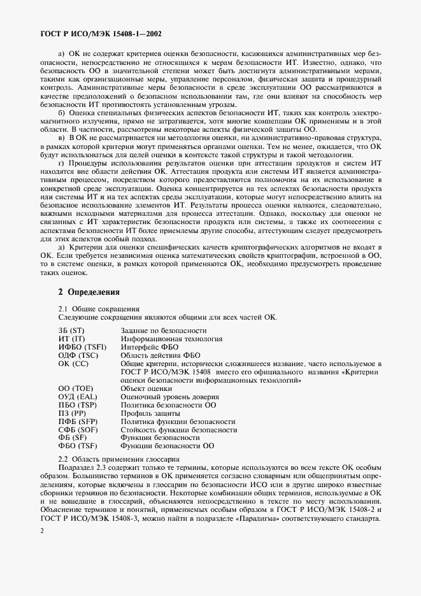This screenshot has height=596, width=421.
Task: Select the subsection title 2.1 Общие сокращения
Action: [x=94, y=309]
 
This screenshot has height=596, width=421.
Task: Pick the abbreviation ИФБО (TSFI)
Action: [x=79, y=348]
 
